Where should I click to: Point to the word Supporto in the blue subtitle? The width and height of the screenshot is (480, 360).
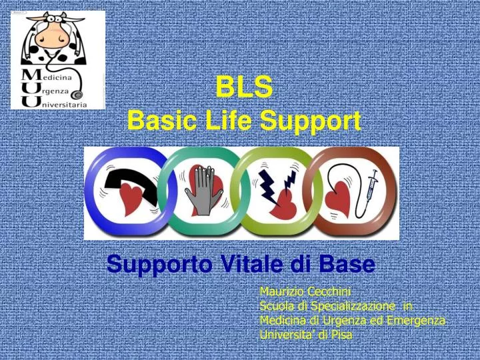tap(154, 265)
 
